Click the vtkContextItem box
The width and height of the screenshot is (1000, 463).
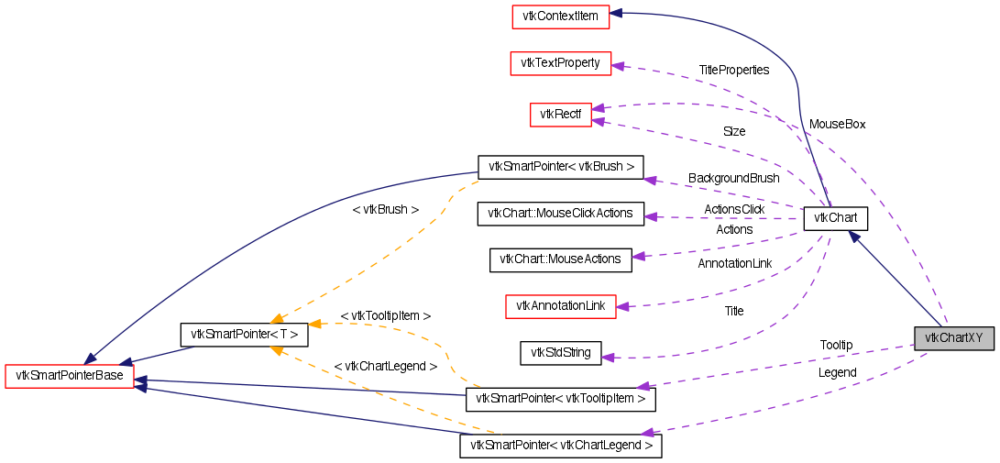click(561, 16)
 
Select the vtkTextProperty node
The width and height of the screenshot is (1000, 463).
click(560, 63)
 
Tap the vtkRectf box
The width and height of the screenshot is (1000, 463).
click(560, 115)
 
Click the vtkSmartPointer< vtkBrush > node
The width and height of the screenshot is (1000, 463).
click(561, 167)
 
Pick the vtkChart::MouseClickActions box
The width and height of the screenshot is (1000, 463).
click(561, 214)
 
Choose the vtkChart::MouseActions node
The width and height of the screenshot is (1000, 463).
click(561, 259)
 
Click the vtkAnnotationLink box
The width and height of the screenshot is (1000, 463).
click(561, 306)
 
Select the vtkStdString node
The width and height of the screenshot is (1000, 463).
click(561, 352)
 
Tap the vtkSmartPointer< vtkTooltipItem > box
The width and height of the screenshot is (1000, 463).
click(561, 399)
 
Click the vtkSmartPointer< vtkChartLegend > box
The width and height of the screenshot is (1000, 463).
click(560, 446)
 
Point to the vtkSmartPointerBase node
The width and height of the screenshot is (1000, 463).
click(70, 376)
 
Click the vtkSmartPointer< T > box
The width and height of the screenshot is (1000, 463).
click(244, 335)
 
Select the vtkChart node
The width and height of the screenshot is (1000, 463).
click(835, 219)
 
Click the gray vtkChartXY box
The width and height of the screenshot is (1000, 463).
click(953, 337)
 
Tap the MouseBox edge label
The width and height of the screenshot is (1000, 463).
click(837, 124)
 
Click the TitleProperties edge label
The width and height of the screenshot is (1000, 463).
click(733, 70)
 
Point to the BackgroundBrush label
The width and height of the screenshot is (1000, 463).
click(733, 178)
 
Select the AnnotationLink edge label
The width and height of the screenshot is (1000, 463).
click(734, 264)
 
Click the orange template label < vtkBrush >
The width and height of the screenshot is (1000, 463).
click(385, 210)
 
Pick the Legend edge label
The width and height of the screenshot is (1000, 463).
click(837, 373)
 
